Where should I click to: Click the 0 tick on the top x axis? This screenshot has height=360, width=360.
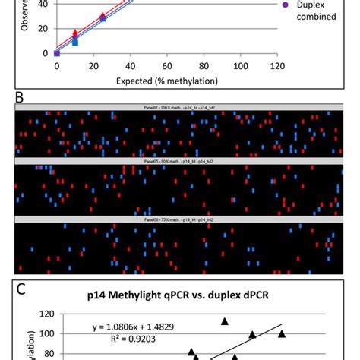[57, 67]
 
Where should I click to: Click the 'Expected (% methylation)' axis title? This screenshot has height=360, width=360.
[166, 79]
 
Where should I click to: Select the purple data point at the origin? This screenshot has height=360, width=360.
[57, 53]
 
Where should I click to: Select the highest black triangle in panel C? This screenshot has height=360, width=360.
[225, 321]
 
